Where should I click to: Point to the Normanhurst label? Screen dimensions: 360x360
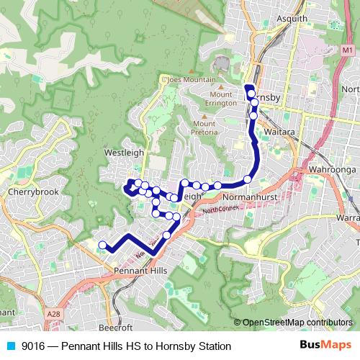245,195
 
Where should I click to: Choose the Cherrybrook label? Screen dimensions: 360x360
28,193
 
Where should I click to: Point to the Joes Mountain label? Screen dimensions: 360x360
190,79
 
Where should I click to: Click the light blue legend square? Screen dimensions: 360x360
11,346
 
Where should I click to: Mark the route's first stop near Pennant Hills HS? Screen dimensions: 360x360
102,244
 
